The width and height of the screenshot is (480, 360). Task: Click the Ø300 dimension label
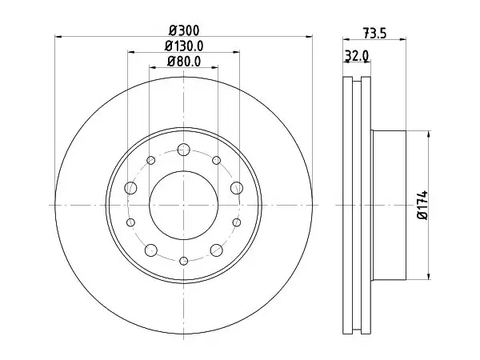184,30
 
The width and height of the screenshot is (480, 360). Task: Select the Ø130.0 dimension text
184,46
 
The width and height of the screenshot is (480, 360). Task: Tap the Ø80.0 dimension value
184,62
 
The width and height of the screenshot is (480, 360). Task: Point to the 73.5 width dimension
374,33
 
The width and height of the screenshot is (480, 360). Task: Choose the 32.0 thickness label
357,56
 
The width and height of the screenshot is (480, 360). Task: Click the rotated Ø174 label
422,205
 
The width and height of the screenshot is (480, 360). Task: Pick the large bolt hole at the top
184,150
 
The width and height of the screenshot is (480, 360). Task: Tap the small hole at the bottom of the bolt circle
184,261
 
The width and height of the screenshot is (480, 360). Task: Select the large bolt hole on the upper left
130,188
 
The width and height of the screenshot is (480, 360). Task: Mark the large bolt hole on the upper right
237,188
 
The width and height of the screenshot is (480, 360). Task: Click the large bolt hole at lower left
151,250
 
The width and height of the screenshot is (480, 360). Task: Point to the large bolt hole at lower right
217,250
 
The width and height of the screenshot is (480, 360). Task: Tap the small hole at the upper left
151,160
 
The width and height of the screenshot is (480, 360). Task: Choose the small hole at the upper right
217,160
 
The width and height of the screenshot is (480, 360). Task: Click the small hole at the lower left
130,222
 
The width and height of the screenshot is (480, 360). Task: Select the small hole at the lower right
237,222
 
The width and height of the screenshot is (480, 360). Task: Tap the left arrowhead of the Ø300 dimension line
58,37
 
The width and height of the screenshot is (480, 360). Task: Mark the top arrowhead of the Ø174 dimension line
429,134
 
